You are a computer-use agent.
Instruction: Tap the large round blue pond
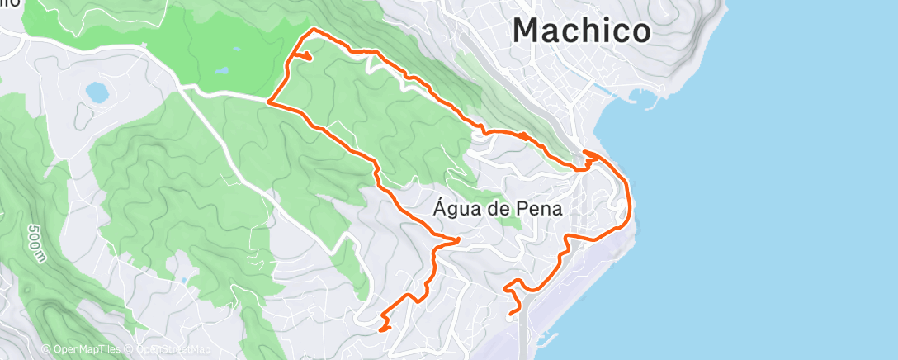97,91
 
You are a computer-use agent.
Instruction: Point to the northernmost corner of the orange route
312,30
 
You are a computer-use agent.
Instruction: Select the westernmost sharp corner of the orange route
269,101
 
